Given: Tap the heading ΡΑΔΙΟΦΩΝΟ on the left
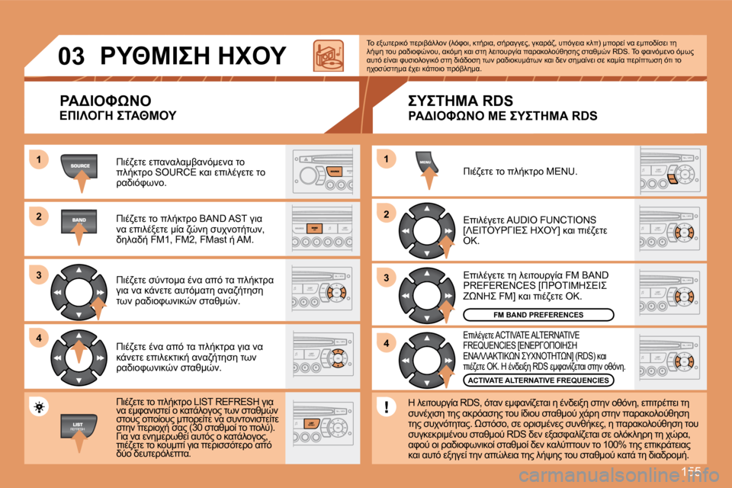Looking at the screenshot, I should click(x=106, y=101).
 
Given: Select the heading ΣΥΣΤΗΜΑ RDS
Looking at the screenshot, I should click(x=461, y=101).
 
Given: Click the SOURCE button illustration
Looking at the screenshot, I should click(x=80, y=166).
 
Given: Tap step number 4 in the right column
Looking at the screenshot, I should click(x=387, y=344).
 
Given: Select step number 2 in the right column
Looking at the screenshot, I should click(x=387, y=215).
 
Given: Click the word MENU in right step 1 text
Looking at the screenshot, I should click(x=560, y=172).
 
